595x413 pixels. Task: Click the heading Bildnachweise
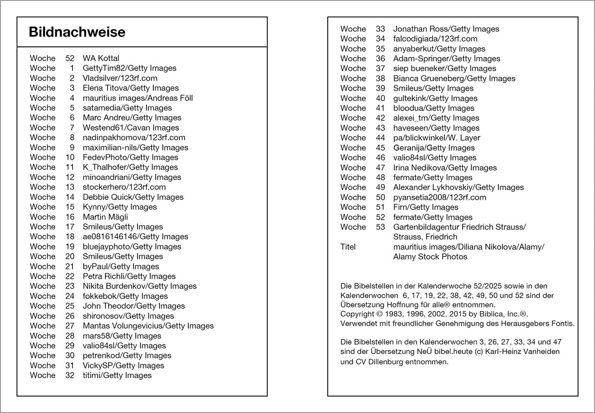tap(77, 32)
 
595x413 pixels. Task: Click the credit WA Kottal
tap(101, 58)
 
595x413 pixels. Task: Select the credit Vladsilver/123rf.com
tap(120, 78)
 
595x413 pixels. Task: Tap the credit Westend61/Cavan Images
tap(131, 128)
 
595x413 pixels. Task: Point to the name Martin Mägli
tap(105, 217)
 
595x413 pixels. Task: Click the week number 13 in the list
tap(70, 187)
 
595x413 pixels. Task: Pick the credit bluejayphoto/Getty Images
tap(132, 247)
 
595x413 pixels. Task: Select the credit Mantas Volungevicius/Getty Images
tap(148, 326)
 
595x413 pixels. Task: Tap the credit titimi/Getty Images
tap(117, 375)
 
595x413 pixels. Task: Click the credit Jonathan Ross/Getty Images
tap(446, 29)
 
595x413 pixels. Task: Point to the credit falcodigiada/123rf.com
tap(435, 39)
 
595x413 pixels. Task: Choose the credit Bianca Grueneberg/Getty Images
tap(454, 79)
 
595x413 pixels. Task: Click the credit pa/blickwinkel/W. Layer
tap(436, 138)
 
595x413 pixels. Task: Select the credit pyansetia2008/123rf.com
tap(439, 197)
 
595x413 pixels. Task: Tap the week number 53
tap(380, 227)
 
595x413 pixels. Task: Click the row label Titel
tap(348, 247)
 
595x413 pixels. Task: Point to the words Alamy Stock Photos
tap(430, 257)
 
